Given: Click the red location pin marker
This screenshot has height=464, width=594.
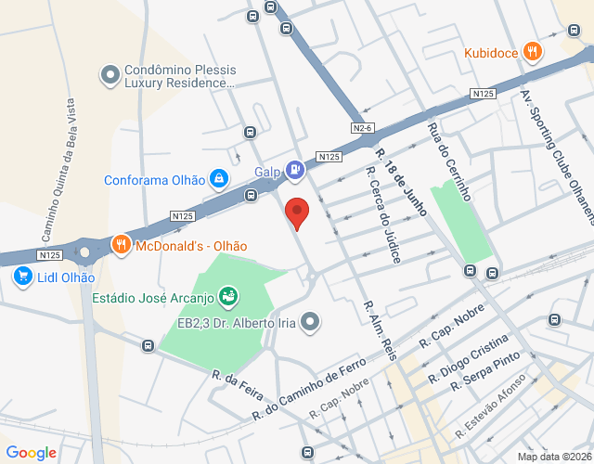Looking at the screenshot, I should [296, 213].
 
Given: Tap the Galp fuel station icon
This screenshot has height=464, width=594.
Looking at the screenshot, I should [294, 169].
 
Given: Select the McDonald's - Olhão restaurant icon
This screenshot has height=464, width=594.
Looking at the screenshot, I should [121, 245].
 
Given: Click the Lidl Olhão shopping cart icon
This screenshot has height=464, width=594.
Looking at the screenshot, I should [20, 276].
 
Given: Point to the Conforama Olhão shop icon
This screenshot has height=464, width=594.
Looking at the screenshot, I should [218, 178].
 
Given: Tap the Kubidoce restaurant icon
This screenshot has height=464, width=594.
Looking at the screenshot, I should [532, 52].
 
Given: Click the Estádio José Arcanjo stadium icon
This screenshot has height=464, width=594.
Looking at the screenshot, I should [228, 297].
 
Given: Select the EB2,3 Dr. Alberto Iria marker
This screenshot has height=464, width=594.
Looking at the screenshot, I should [311, 321].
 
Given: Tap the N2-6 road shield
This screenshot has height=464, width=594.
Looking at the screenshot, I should [362, 127].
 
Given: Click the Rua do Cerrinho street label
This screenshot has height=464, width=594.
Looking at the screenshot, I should [449, 161].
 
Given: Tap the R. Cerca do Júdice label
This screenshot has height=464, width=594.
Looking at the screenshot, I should [381, 214].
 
